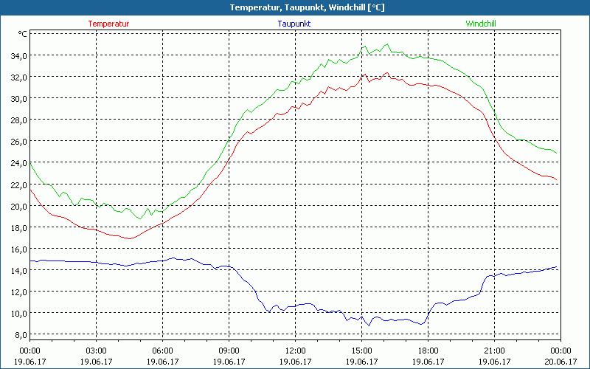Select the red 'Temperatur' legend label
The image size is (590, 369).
pyautogui.click(x=108, y=24)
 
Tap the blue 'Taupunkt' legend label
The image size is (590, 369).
pyautogui.click(x=294, y=24)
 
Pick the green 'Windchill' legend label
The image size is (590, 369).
pyautogui.click(x=480, y=24)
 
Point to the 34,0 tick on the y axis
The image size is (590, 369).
pyautogui.click(x=18, y=55)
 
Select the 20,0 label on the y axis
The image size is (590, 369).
pyautogui.click(x=18, y=206)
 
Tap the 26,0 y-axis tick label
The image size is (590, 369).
pyautogui.click(x=18, y=141)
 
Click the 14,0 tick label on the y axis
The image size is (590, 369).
pyautogui.click(x=18, y=270)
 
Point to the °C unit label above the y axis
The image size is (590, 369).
pyautogui.click(x=22, y=34)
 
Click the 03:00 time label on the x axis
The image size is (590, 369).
pyautogui.click(x=96, y=351)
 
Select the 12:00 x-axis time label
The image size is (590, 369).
pyautogui.click(x=295, y=351)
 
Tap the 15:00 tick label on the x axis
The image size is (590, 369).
pyautogui.click(x=361, y=351)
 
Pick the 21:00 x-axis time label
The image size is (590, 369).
pyautogui.click(x=494, y=351)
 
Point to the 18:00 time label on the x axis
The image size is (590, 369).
pyautogui.click(x=428, y=351)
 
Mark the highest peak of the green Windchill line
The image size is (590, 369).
pyautogui.click(x=386, y=44)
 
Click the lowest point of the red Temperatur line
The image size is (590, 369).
pyautogui.click(x=129, y=238)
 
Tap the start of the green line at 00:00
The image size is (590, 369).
pyautogui.click(x=30, y=163)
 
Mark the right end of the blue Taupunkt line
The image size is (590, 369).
pyautogui.click(x=556, y=267)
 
